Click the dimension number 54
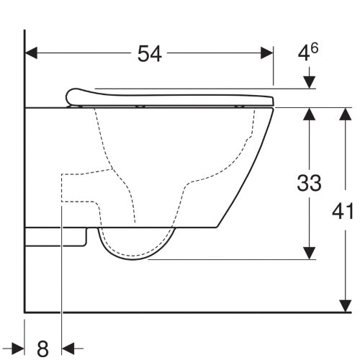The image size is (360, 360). tap(150, 53)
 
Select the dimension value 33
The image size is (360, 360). tap(309, 183)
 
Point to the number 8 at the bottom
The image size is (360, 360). tap(42, 348)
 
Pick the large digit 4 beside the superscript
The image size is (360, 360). tap(305, 54)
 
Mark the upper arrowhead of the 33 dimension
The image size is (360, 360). tap(310, 114)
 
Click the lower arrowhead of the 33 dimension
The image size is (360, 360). tap(310, 253)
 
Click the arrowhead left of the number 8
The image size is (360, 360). tap(19, 348)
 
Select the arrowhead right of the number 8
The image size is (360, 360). tap(68, 348)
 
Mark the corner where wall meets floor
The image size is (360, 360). tap(25, 312)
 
